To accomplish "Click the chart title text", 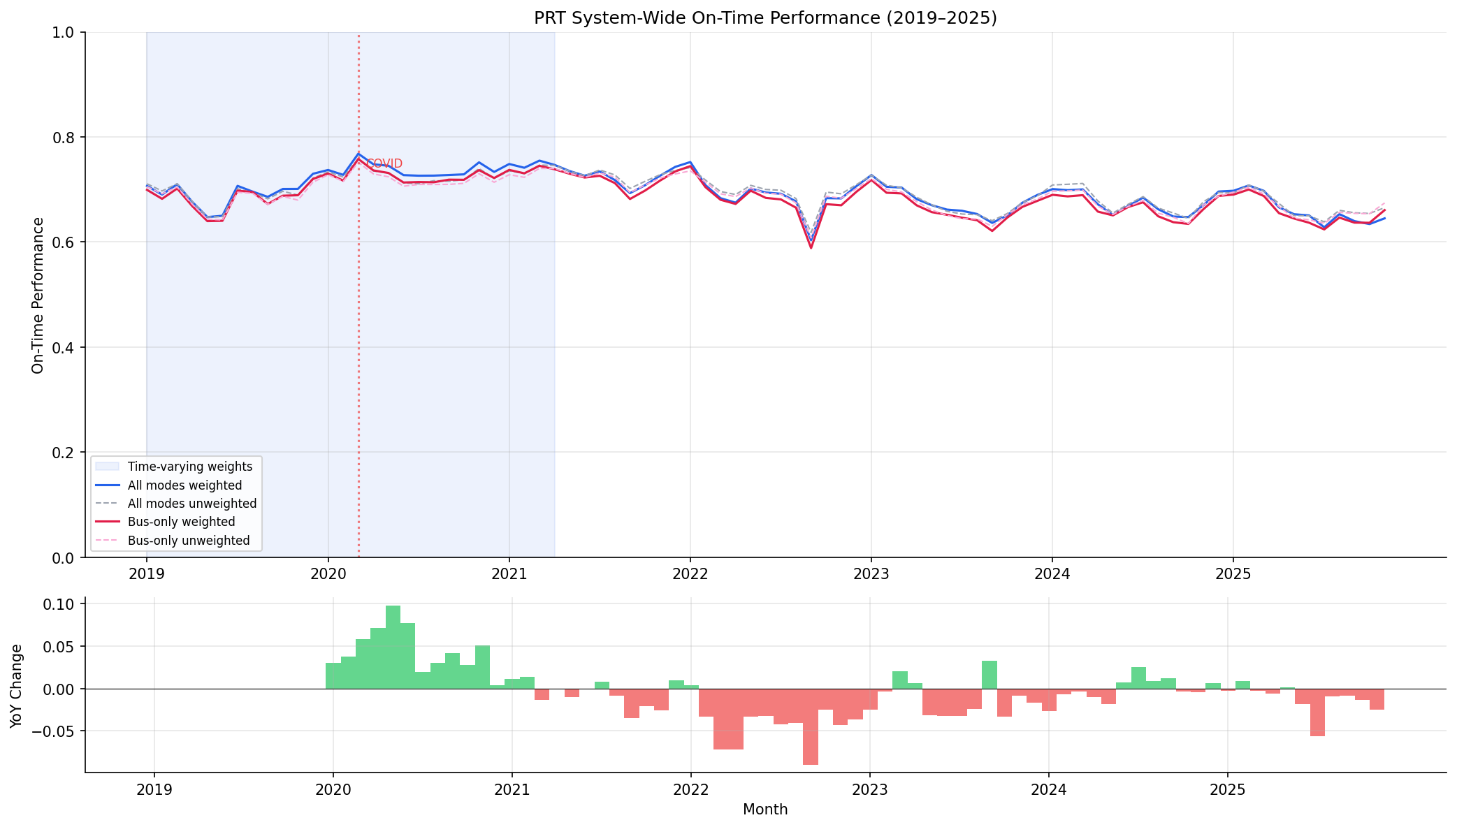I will (765, 18).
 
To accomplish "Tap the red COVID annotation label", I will (384, 163).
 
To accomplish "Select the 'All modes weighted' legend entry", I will (184, 485).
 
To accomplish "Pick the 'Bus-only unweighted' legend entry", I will (189, 541).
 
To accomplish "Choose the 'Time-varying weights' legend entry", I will (189, 467).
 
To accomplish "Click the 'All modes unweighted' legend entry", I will (191, 504).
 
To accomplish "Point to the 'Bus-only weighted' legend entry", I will (181, 522).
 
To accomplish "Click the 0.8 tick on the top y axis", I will (65, 138).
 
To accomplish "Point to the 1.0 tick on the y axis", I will (65, 33).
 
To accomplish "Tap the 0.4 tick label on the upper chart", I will (65, 348).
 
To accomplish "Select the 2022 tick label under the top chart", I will (690, 574).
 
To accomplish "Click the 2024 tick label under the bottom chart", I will (1048, 790).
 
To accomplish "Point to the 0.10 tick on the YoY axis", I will (61, 604).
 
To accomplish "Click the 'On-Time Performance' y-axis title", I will (38, 295).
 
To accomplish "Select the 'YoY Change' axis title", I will (17, 686).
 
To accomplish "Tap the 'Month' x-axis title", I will (765, 810).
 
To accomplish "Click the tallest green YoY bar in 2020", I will (393, 647).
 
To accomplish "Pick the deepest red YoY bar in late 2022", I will (811, 726).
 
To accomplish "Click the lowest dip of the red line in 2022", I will (811, 247).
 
